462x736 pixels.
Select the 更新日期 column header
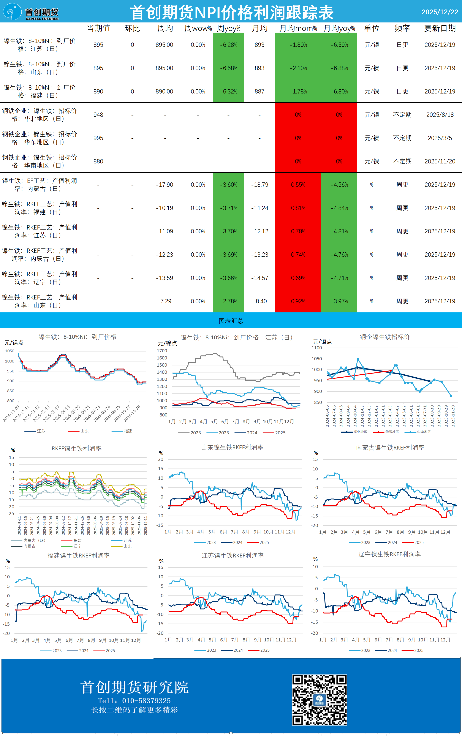(x=440, y=28)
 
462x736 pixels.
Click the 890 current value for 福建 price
(x=98, y=91)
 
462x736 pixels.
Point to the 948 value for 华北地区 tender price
(x=98, y=115)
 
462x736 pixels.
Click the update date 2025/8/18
(x=440, y=115)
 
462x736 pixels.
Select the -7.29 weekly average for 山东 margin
(x=164, y=301)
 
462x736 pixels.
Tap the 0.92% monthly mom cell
(x=298, y=301)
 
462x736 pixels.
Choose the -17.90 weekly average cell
(x=164, y=185)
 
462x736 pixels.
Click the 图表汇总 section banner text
(x=231, y=321)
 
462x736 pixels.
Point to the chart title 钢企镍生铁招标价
(x=385, y=337)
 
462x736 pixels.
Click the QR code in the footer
(x=319, y=700)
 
